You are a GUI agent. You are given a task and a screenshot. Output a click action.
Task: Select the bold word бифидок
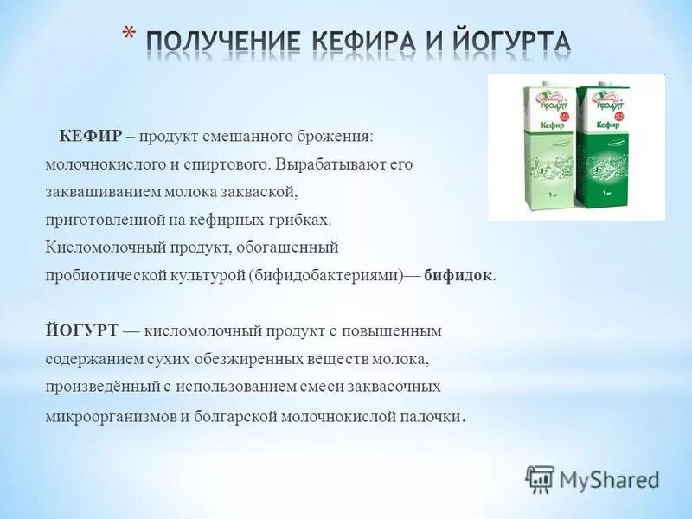pos(459,275)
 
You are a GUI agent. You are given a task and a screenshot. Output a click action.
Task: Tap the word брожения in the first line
pos(341,138)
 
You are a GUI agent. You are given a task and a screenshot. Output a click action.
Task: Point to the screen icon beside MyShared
pos(540,478)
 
